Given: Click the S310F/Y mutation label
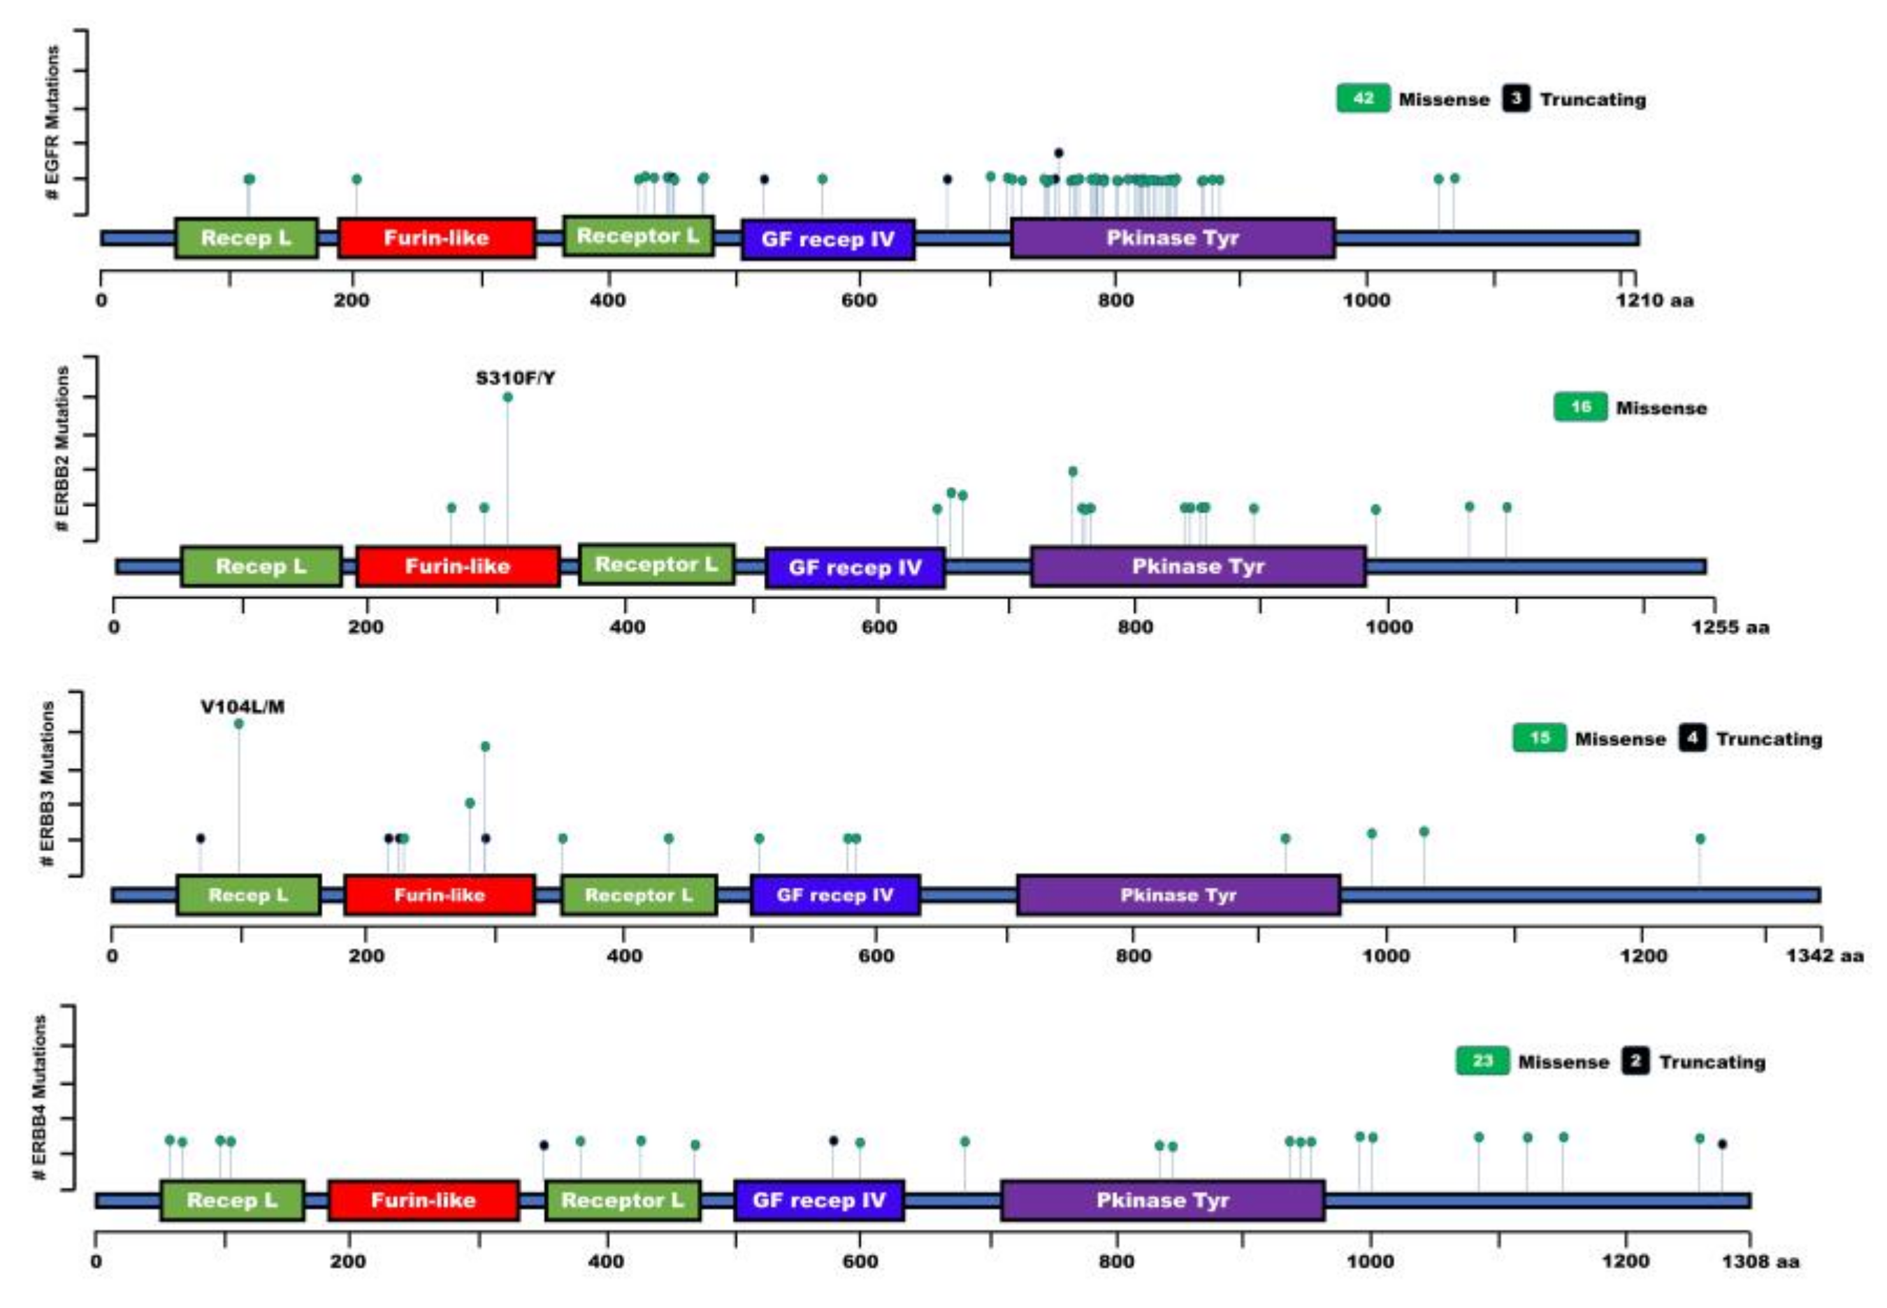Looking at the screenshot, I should tap(515, 378).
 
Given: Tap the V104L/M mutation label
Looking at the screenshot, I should tap(243, 706).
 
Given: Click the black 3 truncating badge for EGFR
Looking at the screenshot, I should tap(1516, 99).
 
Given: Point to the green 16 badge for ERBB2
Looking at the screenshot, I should tap(1579, 407).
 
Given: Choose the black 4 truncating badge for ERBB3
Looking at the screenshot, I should tap(1692, 739).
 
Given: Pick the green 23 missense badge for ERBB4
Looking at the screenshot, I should tap(1482, 1061).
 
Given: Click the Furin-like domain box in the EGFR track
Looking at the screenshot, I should tap(436, 238).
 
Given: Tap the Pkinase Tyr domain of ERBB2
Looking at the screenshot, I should tap(1198, 566).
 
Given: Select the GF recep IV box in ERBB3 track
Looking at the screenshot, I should tap(834, 895).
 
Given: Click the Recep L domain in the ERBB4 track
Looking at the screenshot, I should tap(232, 1200).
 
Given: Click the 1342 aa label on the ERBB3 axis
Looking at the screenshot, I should tap(1825, 956).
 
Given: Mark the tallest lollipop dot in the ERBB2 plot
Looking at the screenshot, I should tap(507, 398).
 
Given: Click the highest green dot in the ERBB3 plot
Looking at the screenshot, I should tap(238, 724).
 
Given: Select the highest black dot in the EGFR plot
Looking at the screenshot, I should tap(1058, 152).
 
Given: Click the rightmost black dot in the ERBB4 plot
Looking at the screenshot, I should tap(1721, 1144).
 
